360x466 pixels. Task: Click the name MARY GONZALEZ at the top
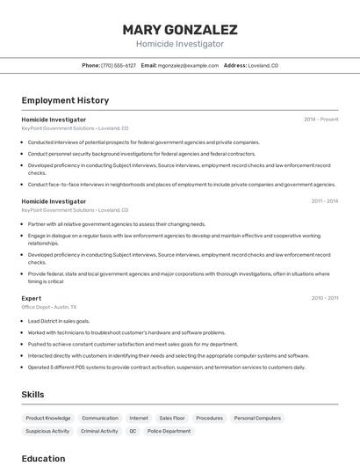180,29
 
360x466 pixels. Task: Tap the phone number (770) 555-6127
119,66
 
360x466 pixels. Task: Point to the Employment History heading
65,101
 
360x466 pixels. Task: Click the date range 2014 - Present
320,120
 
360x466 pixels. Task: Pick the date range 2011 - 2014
324,201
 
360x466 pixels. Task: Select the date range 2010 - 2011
324,298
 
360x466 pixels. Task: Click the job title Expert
32,298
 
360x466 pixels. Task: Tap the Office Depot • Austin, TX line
49,308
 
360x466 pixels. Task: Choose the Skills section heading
32,395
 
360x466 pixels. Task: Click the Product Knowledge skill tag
48,419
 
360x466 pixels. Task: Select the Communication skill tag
100,419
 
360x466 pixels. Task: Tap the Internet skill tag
139,419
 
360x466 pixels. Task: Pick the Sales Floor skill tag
172,419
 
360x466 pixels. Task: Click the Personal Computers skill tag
257,419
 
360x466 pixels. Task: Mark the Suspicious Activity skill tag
47,432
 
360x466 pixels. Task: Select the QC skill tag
133,432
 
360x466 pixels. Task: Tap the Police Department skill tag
169,432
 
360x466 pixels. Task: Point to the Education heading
43,458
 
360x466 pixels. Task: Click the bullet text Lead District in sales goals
59,321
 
